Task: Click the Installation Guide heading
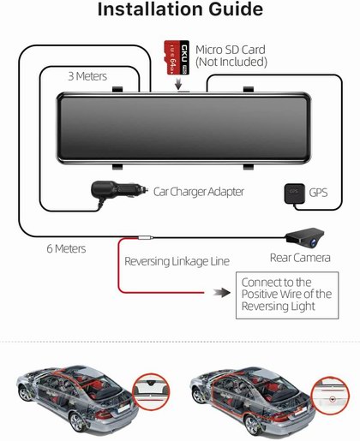click(180, 9)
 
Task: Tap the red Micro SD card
click(177, 57)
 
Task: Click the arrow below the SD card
click(178, 83)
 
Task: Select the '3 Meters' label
click(87, 76)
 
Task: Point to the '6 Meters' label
click(66, 248)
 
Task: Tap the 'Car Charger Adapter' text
click(199, 192)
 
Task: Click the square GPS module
click(294, 194)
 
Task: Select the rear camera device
click(305, 237)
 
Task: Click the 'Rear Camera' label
click(300, 258)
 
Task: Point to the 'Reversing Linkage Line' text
click(177, 261)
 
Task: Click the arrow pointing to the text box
click(222, 293)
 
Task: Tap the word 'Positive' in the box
click(259, 294)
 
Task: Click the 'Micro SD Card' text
click(231, 50)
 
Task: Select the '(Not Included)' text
click(231, 62)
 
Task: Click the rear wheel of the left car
click(77, 422)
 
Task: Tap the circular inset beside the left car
click(152, 391)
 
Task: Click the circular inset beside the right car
click(330, 396)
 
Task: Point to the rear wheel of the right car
click(253, 426)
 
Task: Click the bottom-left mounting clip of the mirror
click(117, 167)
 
